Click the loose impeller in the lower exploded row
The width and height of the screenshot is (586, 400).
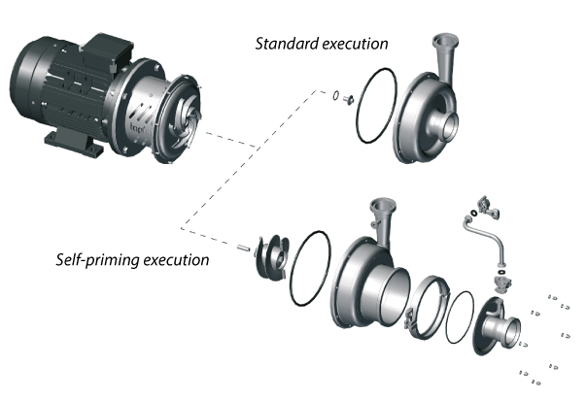(x=271, y=257)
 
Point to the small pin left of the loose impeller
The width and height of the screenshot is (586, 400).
(x=239, y=250)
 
